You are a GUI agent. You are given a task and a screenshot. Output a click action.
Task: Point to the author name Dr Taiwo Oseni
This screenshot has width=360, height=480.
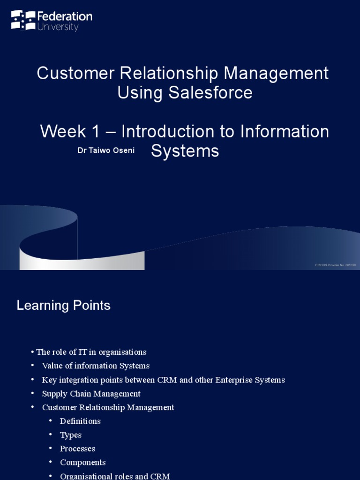coord(106,150)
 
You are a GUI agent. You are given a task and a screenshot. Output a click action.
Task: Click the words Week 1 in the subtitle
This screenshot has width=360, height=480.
coord(70,132)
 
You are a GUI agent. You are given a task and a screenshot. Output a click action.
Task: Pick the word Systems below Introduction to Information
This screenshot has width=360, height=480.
coord(185,151)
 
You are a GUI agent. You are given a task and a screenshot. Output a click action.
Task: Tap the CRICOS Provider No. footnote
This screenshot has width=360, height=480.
coord(335,265)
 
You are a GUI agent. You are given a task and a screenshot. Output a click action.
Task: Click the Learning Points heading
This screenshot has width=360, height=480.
coord(63,306)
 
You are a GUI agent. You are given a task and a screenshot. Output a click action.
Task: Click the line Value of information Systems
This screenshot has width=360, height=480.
coord(96,366)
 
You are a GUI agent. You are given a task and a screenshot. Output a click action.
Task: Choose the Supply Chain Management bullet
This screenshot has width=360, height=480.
coord(91,394)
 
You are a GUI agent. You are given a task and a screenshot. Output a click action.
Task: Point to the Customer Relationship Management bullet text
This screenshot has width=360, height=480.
coord(108,407)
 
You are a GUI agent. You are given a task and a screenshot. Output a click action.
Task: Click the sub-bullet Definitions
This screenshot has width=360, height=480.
coord(80,421)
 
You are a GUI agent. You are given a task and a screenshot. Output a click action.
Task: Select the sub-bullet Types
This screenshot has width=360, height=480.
coord(71,435)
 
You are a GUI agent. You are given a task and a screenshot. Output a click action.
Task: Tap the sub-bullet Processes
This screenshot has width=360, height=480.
coord(77,449)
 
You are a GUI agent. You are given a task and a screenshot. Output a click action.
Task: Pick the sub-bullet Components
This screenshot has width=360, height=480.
coord(82,462)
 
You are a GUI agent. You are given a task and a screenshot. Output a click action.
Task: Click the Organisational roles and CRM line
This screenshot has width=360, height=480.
coord(115,476)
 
